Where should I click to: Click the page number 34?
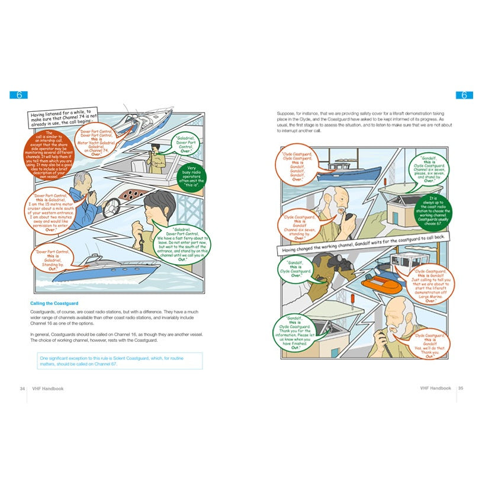pyautogui.click(x=22, y=388)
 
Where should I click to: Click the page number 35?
pyautogui.click(x=461, y=388)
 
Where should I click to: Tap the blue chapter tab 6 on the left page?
pyautogui.click(x=19, y=95)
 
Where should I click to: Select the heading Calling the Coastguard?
pyautogui.click(x=54, y=304)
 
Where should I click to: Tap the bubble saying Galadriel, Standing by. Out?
pyautogui.click(x=53, y=259)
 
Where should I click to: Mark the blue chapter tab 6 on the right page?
pyautogui.click(x=463, y=95)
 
